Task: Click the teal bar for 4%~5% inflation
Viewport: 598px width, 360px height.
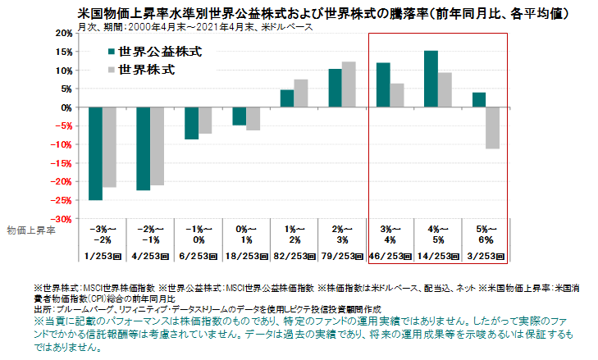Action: (x=431, y=79)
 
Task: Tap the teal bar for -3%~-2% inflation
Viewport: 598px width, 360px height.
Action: (x=96, y=153)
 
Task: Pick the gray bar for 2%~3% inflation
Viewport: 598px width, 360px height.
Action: (x=349, y=84)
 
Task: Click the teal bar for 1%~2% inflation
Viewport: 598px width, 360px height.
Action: (x=286, y=98)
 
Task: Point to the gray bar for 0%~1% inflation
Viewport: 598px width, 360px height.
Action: (x=253, y=119)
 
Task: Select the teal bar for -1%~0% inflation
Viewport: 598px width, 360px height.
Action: (x=190, y=123)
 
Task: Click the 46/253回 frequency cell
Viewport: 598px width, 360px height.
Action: (x=390, y=256)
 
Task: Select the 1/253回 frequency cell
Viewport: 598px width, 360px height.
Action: (x=104, y=256)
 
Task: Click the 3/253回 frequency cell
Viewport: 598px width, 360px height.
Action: (x=484, y=256)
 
